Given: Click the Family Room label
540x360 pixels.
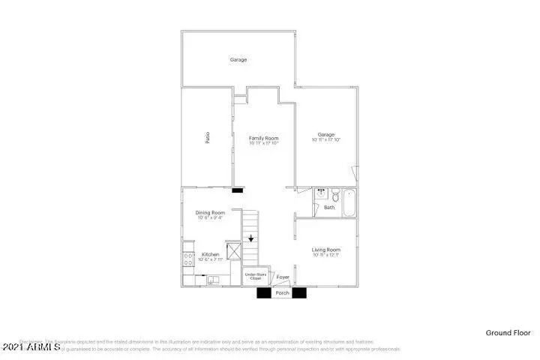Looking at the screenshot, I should [263, 138].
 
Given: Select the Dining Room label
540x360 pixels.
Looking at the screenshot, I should [210, 213].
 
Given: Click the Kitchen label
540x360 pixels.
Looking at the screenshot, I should [210, 255].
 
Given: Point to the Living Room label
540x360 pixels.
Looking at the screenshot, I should [326, 250].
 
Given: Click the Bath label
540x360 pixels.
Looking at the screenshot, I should [328, 208].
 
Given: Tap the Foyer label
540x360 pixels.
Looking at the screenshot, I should [283, 277].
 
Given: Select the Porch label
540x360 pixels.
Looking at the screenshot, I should [282, 293].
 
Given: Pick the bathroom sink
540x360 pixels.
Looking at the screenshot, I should [319, 193].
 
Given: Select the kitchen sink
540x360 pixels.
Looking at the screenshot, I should [214, 281].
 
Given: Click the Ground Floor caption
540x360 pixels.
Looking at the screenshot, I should [508, 332].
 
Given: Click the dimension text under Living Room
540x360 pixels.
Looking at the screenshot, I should [326, 256].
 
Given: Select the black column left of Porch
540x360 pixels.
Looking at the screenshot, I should [263, 293].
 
